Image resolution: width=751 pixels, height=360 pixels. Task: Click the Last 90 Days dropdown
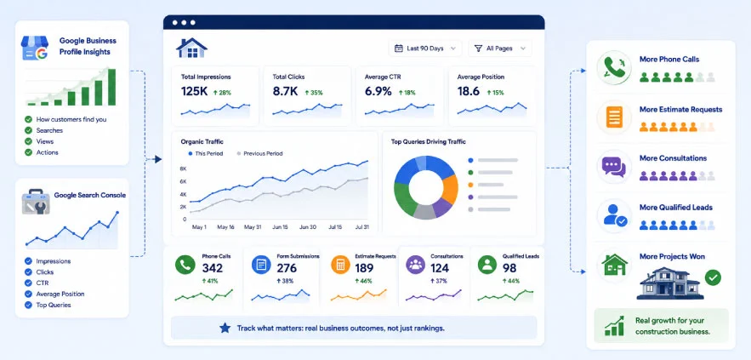click(425, 49)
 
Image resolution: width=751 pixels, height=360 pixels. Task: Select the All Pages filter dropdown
click(499, 49)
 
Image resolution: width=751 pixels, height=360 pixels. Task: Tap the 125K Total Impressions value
click(195, 92)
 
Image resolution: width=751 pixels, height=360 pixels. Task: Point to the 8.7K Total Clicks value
click(285, 92)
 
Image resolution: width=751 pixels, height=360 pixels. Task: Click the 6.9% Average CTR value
click(378, 92)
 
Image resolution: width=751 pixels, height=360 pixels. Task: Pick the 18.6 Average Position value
click(469, 92)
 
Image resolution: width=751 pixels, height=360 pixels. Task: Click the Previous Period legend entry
click(259, 154)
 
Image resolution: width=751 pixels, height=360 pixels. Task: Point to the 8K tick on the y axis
click(183, 169)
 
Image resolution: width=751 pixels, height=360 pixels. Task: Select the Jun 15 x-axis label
click(280, 227)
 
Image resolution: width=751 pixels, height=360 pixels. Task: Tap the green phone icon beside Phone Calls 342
click(185, 265)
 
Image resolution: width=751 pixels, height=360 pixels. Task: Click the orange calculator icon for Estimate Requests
click(341, 265)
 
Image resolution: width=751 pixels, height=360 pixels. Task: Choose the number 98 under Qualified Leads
click(509, 268)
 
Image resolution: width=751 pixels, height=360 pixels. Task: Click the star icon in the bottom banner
click(225, 328)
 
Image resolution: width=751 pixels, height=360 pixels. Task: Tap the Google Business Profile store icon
click(35, 48)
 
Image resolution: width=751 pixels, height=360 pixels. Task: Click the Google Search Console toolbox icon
click(36, 202)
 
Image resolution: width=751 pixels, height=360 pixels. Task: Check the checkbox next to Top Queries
click(28, 305)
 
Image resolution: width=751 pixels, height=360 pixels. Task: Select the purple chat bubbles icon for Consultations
click(614, 168)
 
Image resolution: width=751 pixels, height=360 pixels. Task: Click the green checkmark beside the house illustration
click(713, 277)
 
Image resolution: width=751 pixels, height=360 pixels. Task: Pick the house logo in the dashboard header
click(191, 48)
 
